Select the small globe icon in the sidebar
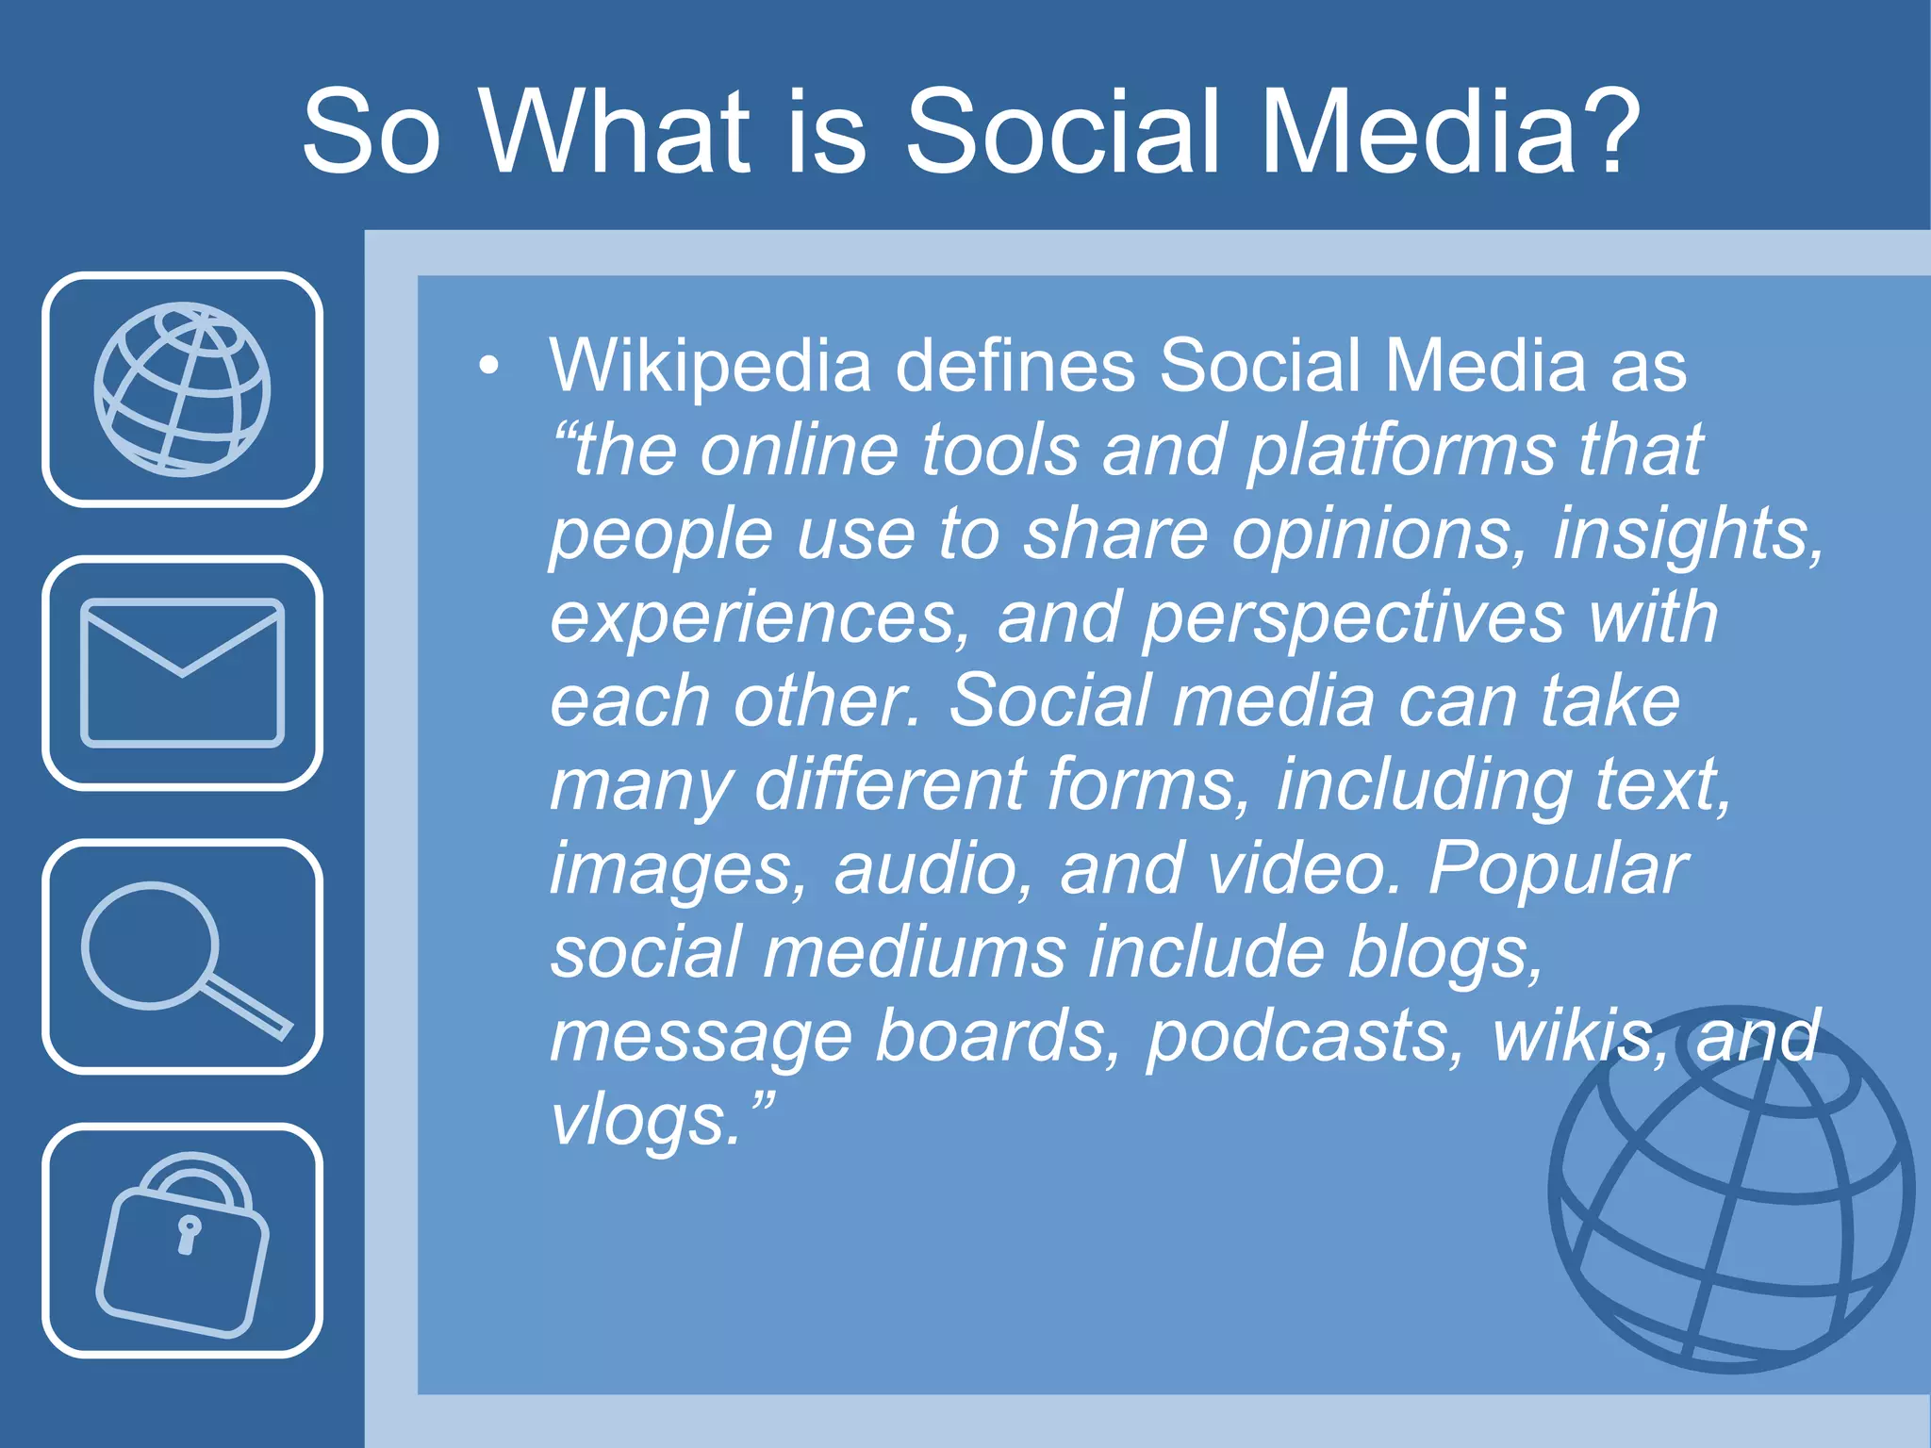(182, 388)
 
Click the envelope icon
(182, 672)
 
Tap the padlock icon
(182, 1242)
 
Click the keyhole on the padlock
(189, 1233)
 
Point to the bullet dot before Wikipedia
(488, 366)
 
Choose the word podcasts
(1306, 1036)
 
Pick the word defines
(1015, 366)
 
